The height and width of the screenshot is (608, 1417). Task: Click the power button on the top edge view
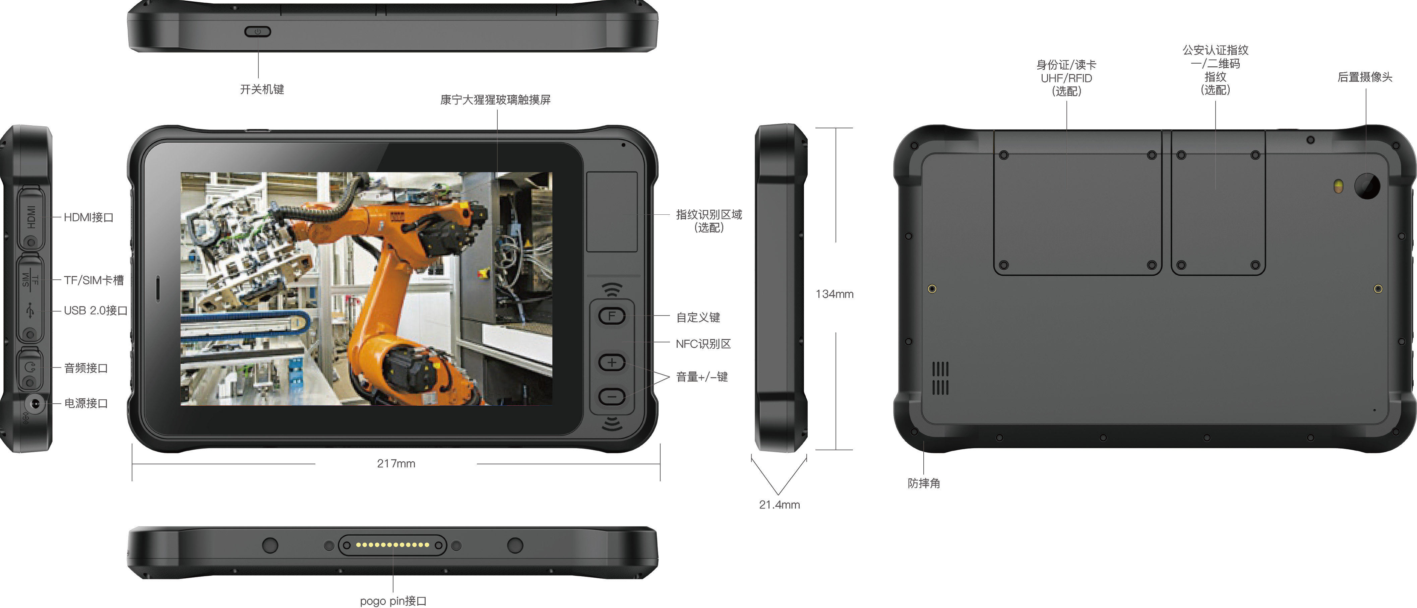pos(257,32)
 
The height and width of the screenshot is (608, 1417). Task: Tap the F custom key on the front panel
pos(612,316)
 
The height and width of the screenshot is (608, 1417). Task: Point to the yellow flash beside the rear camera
pos(1338,186)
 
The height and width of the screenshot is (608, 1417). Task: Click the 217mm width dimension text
pos(396,463)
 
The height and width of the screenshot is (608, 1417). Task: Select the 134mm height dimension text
pos(835,294)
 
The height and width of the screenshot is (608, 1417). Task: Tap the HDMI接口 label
pos(88,217)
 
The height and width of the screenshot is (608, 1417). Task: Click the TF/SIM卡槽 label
pos(94,280)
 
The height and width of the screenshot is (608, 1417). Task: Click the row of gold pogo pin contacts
pos(392,545)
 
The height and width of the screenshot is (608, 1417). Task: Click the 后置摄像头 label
pos(1365,77)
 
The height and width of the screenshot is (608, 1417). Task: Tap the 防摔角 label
pos(924,483)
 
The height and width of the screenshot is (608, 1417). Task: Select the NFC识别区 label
pos(703,344)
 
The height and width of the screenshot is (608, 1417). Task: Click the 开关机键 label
pos(262,89)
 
